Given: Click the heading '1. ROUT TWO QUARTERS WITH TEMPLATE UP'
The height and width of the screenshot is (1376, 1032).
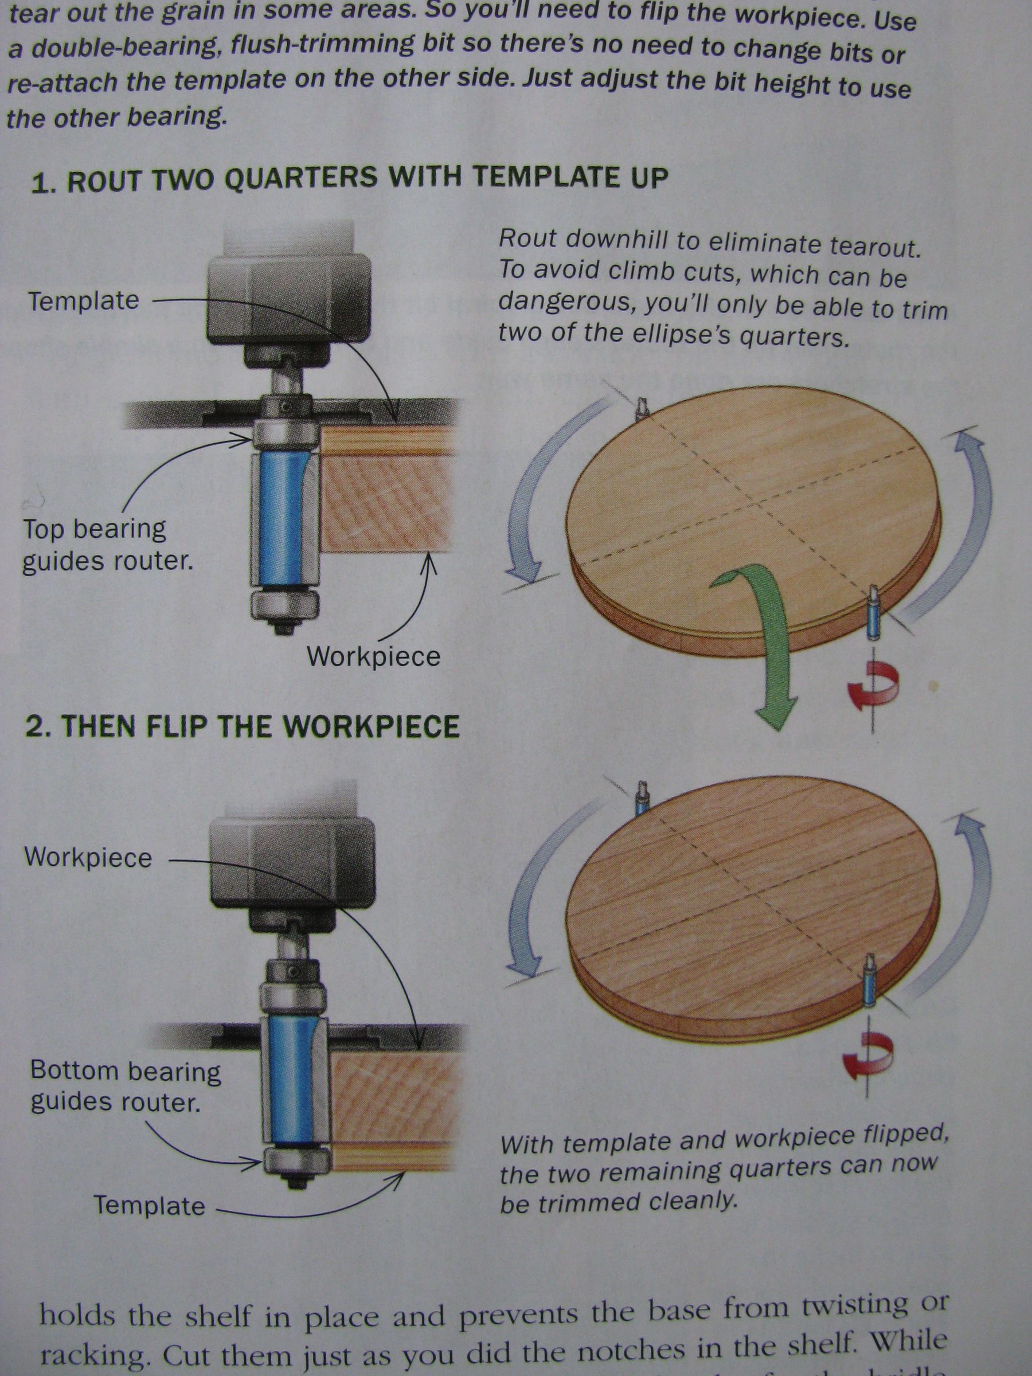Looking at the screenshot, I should [349, 181].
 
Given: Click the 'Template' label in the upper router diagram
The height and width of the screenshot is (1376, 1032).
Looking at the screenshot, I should [84, 301].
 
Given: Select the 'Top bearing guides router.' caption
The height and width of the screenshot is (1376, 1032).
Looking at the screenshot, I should [107, 545].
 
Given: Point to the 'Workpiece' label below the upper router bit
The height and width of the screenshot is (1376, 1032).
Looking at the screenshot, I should [373, 656].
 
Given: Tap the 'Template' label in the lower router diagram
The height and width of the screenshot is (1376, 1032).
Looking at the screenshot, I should [149, 1206].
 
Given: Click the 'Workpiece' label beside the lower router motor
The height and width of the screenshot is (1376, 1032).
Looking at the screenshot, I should [88, 857].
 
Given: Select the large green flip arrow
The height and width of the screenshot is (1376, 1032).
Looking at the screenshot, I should [762, 641].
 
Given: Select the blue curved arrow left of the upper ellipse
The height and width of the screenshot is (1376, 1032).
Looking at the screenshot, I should [535, 491].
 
